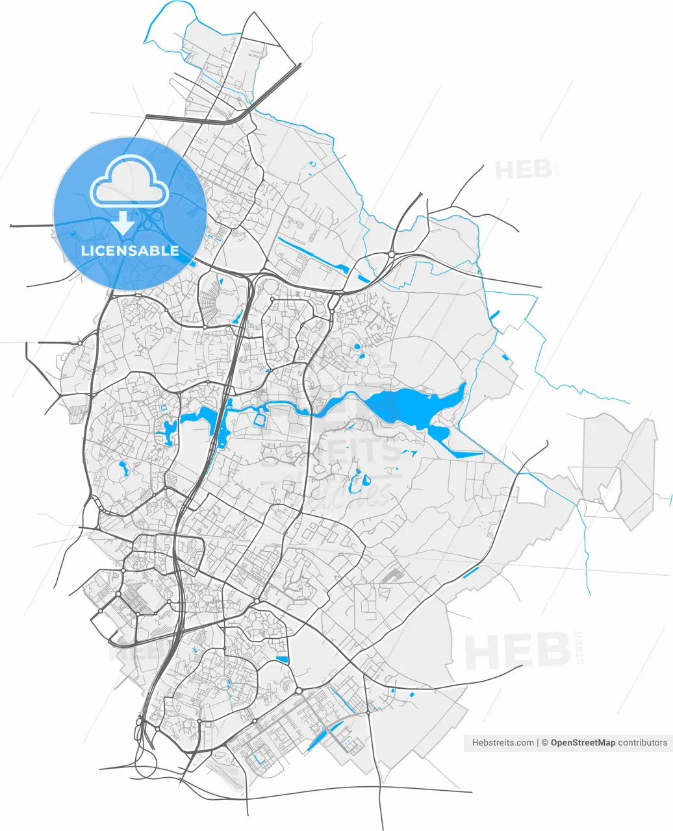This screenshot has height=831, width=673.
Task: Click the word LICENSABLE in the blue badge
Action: coord(130,251)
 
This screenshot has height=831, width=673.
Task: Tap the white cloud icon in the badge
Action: coord(130,182)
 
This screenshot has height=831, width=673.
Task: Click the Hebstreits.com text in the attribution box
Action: coord(503,743)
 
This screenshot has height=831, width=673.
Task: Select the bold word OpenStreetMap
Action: coord(582,743)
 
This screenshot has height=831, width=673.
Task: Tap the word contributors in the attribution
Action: coord(642,743)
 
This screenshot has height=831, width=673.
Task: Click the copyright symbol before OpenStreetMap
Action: coord(545,743)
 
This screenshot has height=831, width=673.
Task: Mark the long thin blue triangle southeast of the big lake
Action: coord(464,453)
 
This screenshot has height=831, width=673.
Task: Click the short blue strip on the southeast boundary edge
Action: coord(472,572)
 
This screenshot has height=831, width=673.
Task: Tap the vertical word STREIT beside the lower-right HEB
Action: coord(580,647)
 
